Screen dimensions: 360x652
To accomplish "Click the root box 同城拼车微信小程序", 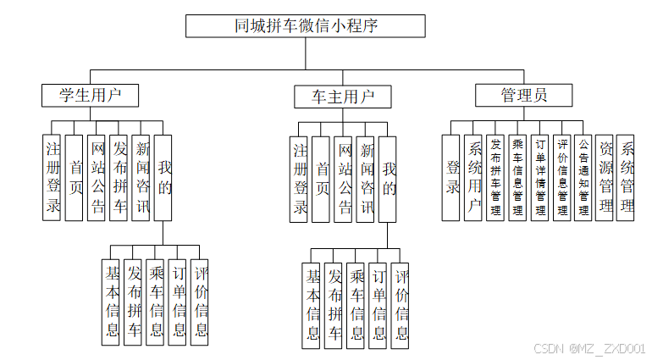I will coord(306,26).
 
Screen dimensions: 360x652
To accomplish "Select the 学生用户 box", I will coord(89,95).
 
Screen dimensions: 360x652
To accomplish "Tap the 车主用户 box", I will coord(343,97).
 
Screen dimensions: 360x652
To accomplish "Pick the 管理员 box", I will coord(523,95).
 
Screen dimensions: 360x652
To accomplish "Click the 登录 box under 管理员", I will coord(452,177).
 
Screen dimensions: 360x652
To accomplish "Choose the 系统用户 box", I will coord(474,177).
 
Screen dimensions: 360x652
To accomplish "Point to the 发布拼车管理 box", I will coord(496,177).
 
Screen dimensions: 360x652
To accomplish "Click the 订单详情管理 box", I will coord(540,177).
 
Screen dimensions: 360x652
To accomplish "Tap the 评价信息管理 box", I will coord(562,177).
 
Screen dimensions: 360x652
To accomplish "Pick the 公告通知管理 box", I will coord(583,177).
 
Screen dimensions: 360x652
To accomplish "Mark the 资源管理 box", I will coord(605,177).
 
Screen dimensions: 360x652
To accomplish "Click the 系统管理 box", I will coord(627,177).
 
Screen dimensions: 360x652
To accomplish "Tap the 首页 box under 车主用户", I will coord(321,179).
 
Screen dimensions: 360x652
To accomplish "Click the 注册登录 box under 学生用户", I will coord(52,178).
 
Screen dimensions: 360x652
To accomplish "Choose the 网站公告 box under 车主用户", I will coord(343,179).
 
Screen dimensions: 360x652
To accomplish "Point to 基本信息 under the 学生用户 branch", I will coord(112,302).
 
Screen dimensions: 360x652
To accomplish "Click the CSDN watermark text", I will coord(589,348).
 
